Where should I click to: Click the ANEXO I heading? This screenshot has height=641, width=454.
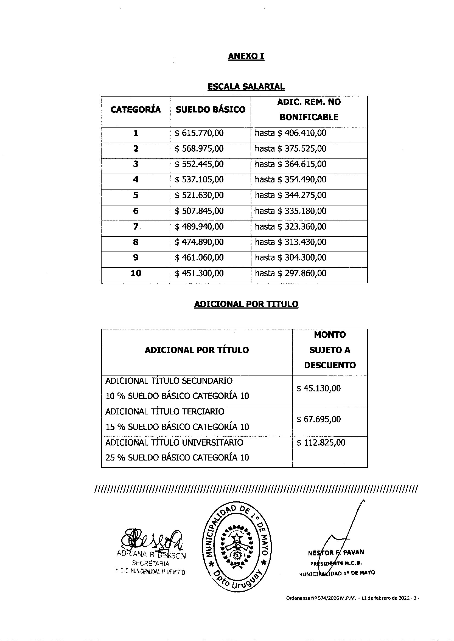coord(246,57)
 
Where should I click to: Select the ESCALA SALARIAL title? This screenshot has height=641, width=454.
coord(246,87)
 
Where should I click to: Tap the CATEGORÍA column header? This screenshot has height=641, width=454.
coord(136,109)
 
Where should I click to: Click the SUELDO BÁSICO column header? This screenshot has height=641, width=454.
coord(211,109)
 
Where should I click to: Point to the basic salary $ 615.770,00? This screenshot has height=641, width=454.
coord(199,133)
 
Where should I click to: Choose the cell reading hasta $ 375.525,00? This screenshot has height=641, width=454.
coord(290,149)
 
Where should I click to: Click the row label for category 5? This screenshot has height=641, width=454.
coord(136,195)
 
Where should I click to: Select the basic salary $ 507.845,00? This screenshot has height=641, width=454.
coord(199,211)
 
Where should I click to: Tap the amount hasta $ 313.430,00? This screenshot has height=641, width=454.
coord(290,242)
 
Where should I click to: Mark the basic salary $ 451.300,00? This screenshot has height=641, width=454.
coord(199,273)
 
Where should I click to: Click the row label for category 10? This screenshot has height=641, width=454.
coord(136,273)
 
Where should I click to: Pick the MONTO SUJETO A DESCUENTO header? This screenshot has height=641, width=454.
coord(330,350)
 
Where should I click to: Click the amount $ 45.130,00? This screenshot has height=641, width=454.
coord(318,388)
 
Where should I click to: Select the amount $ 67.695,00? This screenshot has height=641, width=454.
coord(318,419)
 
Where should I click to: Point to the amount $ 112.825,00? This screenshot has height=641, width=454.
coord(321,443)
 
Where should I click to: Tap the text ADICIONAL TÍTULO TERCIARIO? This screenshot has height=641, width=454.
coord(165,412)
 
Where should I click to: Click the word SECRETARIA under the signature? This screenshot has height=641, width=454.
coord(150,563)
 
